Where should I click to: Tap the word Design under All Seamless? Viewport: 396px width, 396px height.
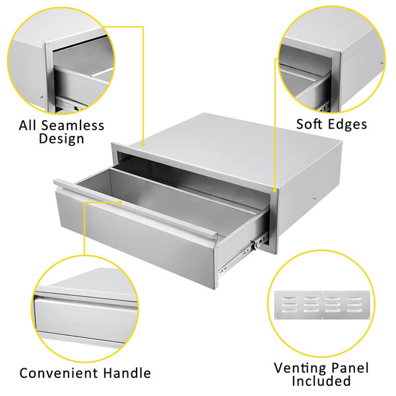61,139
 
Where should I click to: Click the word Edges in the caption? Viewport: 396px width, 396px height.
348,125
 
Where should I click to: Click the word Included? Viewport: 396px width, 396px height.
321,381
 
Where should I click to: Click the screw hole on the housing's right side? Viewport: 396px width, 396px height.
313,198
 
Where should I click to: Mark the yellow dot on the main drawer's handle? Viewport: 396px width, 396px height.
120,202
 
